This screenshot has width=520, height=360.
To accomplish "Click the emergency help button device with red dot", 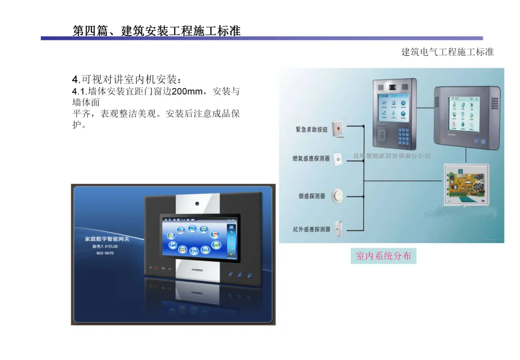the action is (x=338, y=129).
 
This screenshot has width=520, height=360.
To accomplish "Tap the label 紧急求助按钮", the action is (x=312, y=129).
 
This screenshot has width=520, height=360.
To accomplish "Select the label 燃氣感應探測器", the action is (x=311, y=158).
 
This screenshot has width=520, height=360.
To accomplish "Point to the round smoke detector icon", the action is (x=339, y=195).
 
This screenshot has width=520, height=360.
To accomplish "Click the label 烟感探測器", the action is (x=312, y=196).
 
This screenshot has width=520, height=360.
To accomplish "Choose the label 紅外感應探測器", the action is (x=312, y=229).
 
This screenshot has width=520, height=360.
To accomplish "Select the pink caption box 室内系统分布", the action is (x=383, y=256).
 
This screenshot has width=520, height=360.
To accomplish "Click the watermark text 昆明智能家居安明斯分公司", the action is (x=391, y=156).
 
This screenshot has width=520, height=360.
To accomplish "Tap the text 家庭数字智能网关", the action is (x=107, y=239).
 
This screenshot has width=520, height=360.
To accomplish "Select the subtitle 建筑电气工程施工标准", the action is (x=447, y=52).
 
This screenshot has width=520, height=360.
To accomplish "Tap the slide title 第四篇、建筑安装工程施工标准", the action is (x=156, y=31).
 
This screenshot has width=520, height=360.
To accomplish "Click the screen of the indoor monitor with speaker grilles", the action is (x=465, y=113).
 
